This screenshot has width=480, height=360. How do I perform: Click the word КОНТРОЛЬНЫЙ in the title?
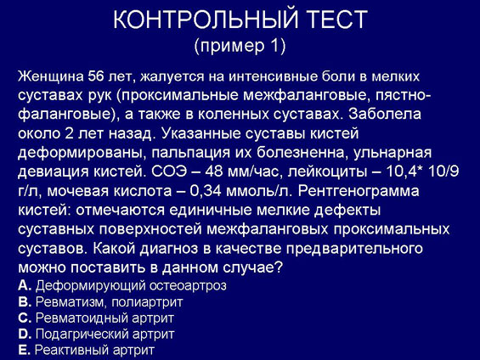(206, 19)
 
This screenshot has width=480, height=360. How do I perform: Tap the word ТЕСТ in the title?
(337, 19)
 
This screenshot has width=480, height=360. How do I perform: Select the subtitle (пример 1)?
(240, 46)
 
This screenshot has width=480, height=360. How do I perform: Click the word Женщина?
(51, 76)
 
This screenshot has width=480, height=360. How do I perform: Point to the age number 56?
(97, 76)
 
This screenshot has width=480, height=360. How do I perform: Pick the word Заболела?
(385, 115)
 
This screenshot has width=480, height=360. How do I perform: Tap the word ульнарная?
(392, 153)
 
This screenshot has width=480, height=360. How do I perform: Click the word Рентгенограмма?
(359, 191)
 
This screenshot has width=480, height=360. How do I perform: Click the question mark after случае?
(277, 267)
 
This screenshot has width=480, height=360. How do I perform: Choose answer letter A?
(25, 285)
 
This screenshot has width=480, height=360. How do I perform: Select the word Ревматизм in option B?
(71, 302)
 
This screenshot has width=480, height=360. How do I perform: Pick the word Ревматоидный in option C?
(82, 318)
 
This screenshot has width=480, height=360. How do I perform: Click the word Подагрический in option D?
(82, 334)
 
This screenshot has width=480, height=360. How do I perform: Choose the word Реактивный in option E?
(72, 350)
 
